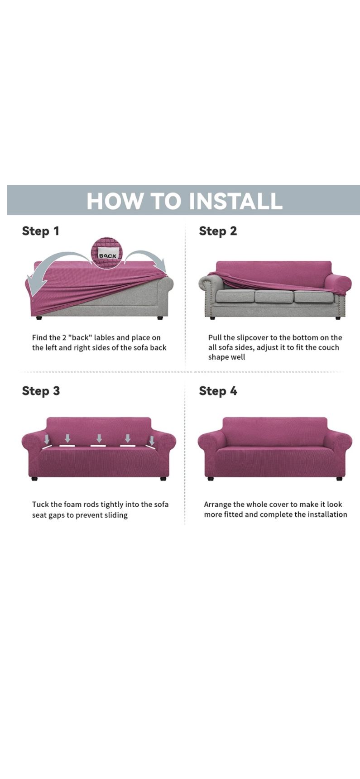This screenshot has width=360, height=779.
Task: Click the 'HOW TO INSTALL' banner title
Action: tap(184, 201)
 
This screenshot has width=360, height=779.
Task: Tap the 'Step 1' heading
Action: tap(41, 231)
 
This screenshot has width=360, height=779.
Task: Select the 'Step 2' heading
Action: tap(218, 231)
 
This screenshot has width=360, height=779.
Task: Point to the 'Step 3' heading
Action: tap(41, 391)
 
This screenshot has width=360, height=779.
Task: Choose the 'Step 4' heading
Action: tap(218, 391)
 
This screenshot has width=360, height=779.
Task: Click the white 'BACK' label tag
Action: tap(107, 255)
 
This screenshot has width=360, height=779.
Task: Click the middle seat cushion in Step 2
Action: tap(273, 297)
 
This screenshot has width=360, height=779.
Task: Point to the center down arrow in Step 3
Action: tap(99, 438)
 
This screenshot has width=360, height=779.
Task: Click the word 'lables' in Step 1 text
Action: tap(105, 337)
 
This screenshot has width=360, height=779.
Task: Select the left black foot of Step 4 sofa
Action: tap(211, 478)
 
